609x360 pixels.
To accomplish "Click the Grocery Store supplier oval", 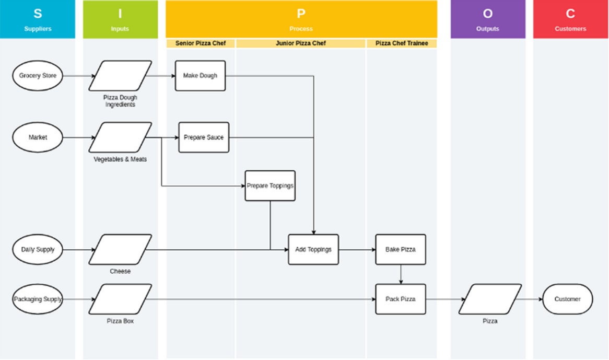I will [x=38, y=76].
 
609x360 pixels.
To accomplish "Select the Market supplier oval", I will [x=38, y=137].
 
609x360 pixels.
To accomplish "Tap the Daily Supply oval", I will [x=38, y=250].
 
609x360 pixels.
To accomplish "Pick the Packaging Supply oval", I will [x=38, y=299].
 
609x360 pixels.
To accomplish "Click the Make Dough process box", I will [x=200, y=76].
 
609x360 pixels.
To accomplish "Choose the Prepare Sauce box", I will [x=204, y=137].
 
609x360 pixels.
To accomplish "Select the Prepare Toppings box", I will [x=270, y=186].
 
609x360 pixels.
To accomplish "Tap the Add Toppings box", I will [x=313, y=250].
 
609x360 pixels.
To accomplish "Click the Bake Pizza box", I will [x=401, y=250].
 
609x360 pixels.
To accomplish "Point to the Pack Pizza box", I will [x=401, y=299].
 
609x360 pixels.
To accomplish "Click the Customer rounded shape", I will [x=567, y=299].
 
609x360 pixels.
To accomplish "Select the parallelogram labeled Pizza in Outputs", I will [x=490, y=299].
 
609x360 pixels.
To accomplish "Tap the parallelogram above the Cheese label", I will [x=120, y=250].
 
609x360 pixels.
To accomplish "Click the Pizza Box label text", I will [x=120, y=321].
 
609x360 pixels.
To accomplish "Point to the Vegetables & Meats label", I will [x=120, y=159].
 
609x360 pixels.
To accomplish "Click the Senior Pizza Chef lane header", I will [x=201, y=43].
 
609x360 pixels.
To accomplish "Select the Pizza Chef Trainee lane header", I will [x=401, y=43].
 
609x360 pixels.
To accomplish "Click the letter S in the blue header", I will [x=38, y=14].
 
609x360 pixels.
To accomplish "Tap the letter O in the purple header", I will [x=488, y=14].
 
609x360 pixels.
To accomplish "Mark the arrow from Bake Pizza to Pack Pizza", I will [x=401, y=274].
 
